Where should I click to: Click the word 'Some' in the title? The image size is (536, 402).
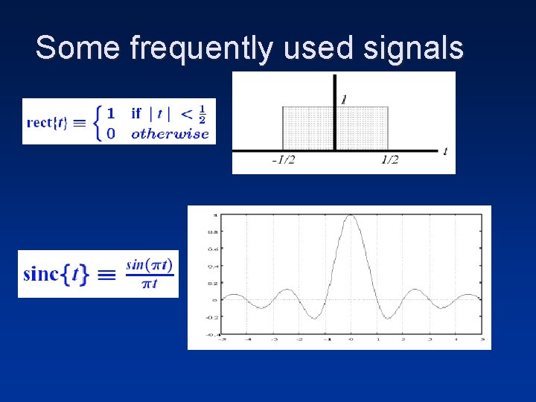77,48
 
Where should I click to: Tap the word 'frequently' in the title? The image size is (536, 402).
201,49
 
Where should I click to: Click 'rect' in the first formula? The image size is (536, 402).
41,123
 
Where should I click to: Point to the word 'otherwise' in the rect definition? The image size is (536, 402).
170,134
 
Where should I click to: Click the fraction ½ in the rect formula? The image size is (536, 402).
203,114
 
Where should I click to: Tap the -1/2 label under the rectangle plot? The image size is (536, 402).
283,160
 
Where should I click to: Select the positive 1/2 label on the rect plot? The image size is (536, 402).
390,160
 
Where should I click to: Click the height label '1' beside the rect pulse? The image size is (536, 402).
343,99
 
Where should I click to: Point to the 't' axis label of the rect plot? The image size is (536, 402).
445,151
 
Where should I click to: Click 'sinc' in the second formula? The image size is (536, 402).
40,274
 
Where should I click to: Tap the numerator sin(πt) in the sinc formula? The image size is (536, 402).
149,264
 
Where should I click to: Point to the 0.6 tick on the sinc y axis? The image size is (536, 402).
211,249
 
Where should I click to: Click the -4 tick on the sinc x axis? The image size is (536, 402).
249,339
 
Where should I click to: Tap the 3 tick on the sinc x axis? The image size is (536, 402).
429,339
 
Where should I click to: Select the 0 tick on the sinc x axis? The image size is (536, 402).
350,339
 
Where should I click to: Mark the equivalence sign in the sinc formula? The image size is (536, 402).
107,275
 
